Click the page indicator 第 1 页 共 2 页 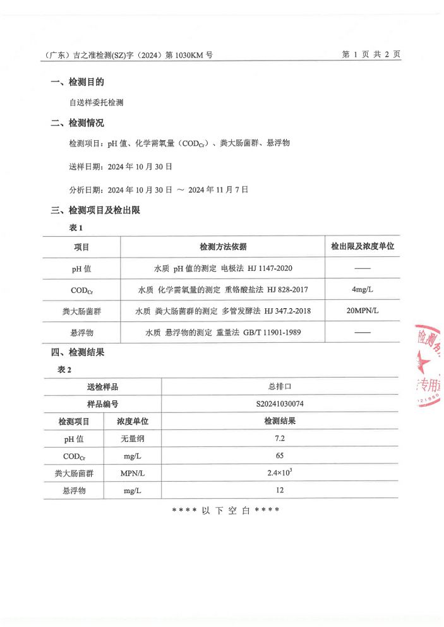pos(371,55)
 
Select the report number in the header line pos(129,56)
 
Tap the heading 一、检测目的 pos(78,82)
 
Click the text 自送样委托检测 pos(96,102)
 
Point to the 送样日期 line pos(120,167)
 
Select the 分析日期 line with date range pos(159,189)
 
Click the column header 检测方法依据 pos(223,247)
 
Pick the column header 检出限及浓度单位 pos(362,247)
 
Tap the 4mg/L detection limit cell pos(362,290)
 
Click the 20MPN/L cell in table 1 pos(362,311)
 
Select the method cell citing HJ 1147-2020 pos(223,269)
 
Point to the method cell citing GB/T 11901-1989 pos(223,332)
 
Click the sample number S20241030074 pos(279,403)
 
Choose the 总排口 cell pos(279,386)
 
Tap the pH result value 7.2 pos(279,438)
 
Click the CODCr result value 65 pos(279,455)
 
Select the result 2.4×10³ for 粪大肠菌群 pos(279,472)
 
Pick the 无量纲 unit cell pos(133,438)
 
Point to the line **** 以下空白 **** pos(225,510)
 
